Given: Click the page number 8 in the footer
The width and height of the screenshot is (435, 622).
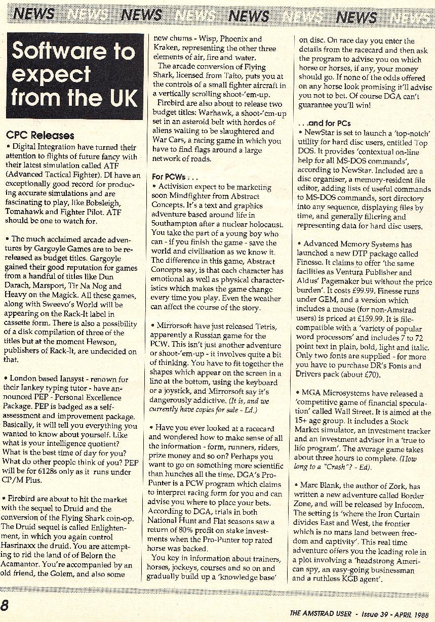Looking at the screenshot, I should [x=5, y=605].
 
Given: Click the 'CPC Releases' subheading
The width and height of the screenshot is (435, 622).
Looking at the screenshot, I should [x=40, y=135].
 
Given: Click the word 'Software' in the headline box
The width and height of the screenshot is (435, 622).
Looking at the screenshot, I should [x=73, y=51].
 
